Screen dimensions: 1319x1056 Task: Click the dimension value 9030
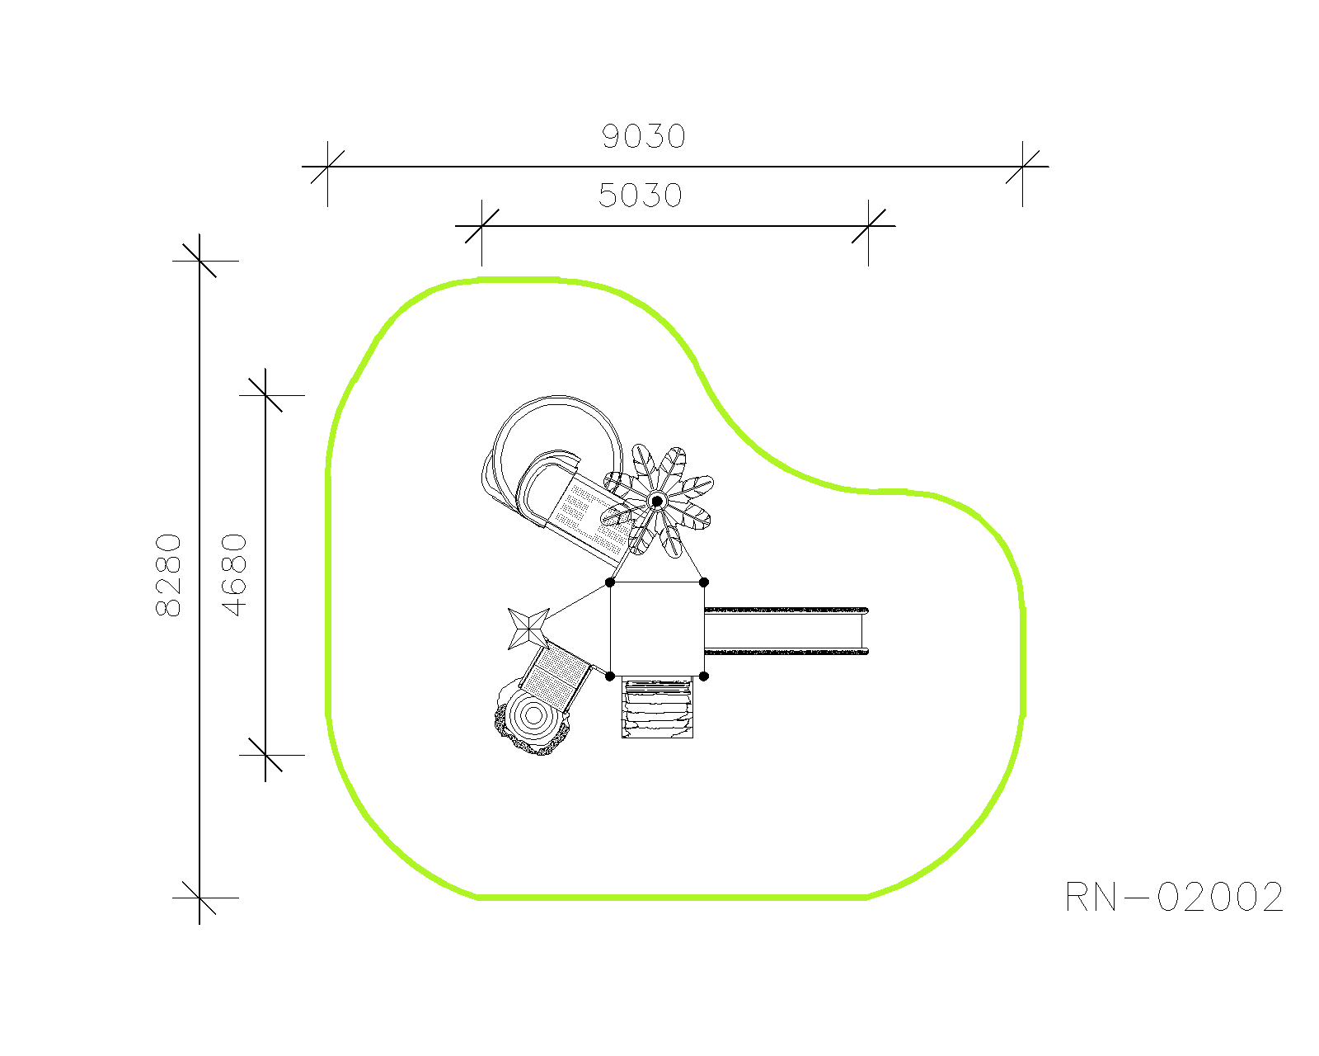[643, 136]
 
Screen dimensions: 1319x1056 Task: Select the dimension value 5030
[640, 196]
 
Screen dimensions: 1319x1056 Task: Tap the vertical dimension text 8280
[168, 575]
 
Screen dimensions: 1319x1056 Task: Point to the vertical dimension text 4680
[234, 575]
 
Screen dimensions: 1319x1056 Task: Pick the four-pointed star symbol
[528, 629]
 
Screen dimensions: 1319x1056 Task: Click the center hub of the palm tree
[657, 502]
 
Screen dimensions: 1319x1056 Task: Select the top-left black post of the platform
[610, 582]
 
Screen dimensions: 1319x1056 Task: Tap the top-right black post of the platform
[704, 582]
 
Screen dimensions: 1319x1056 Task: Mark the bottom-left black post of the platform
[610, 676]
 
